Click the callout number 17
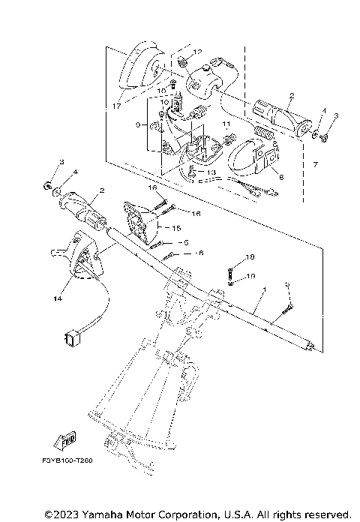116,106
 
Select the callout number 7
316,163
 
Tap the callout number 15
178,227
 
